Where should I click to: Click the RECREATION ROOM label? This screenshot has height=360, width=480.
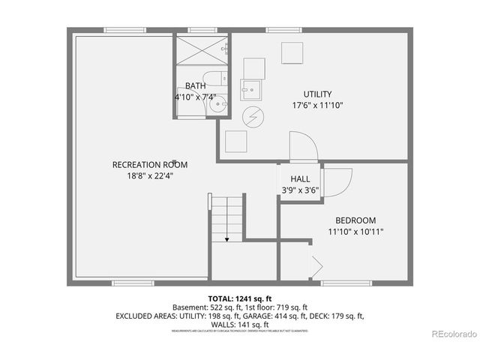point(150,165)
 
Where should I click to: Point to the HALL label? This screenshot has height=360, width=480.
point(301,179)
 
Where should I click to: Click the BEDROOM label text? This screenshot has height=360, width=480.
point(355,220)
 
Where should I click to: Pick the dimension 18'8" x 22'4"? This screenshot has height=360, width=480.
point(150,176)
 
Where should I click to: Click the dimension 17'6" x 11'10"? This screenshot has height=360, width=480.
point(317,106)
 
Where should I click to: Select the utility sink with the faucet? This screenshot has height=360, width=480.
point(252,88)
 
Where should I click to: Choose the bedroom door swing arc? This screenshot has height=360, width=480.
point(341,180)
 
